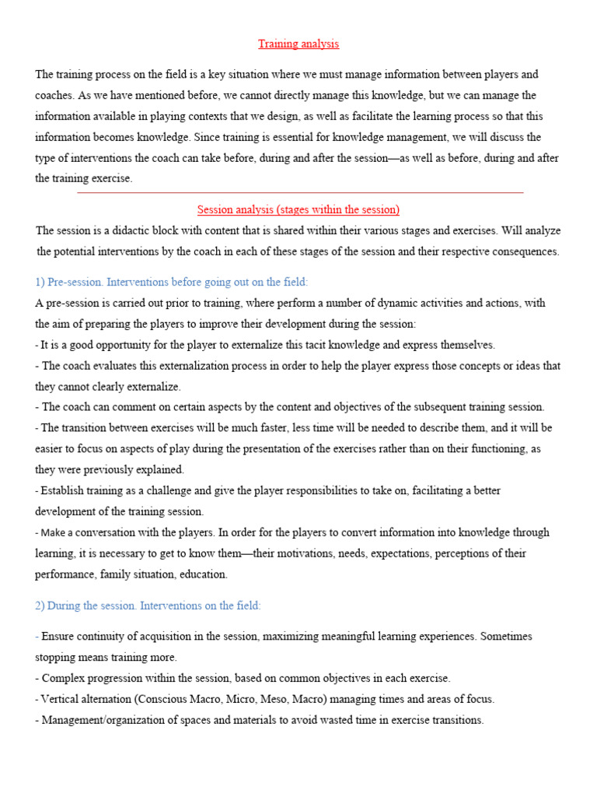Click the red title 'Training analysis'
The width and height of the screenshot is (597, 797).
click(299, 44)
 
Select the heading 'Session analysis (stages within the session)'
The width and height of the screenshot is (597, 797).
click(298, 210)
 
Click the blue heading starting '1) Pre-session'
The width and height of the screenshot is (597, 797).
click(172, 282)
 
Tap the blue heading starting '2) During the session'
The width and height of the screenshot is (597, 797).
click(148, 606)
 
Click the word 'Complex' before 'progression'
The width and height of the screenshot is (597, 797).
click(61, 678)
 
